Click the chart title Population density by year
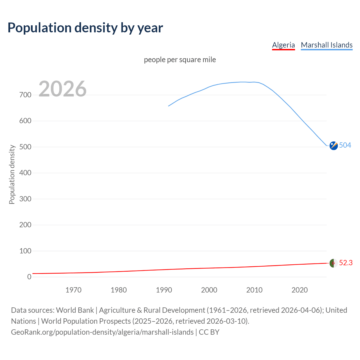point(85,28)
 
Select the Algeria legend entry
point(283,45)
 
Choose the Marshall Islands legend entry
point(327,45)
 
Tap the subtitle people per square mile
point(180,60)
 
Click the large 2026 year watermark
point(62,89)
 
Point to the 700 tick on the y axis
point(25,95)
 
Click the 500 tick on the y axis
point(25,147)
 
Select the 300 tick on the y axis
point(25,199)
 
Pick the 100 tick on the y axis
point(25,251)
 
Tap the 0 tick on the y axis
point(29,277)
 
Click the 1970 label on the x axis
point(73,290)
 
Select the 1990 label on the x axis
point(164,290)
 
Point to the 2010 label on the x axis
point(254,290)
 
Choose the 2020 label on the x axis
point(300,290)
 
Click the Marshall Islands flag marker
point(334,146)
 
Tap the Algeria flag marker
point(334,264)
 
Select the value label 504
point(345,145)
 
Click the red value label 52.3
point(346,263)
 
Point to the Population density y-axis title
point(12,174)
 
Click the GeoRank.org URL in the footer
point(102,332)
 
